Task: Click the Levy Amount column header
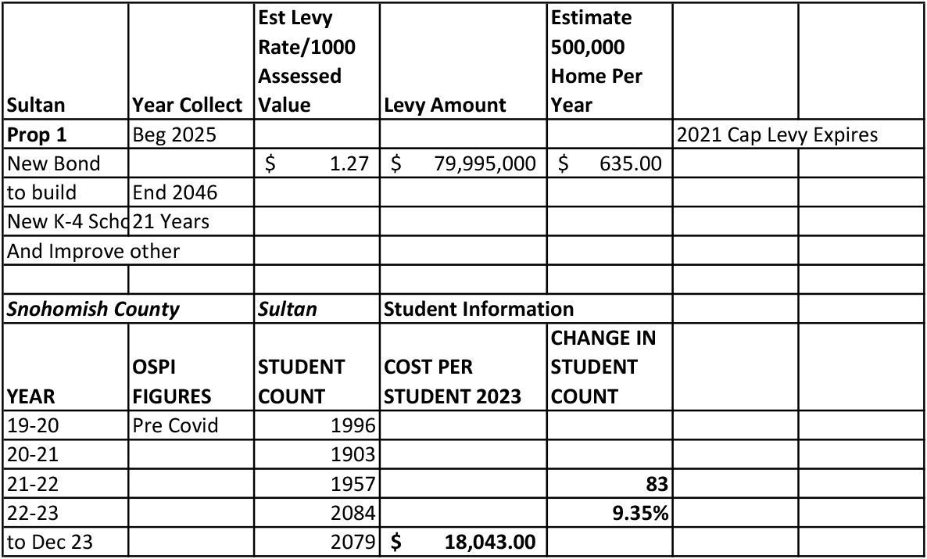(445, 106)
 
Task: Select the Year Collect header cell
(188, 106)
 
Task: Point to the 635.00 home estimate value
(631, 164)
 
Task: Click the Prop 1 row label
(37, 134)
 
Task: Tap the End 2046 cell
(175, 192)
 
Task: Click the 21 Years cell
(171, 221)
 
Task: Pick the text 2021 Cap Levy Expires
(777, 134)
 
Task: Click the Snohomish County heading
(93, 309)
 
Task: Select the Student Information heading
(478, 309)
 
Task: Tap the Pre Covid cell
(176, 426)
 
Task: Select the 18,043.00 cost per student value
(490, 542)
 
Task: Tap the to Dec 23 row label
(50, 542)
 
